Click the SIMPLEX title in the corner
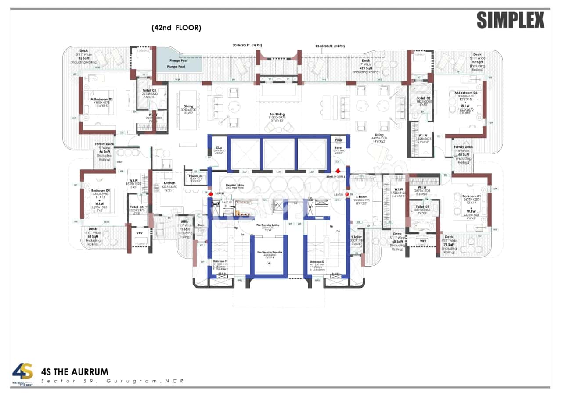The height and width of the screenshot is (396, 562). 510,21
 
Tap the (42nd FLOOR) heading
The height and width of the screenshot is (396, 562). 176,28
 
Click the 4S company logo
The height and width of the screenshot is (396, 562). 22,372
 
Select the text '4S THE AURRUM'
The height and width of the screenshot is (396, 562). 75,372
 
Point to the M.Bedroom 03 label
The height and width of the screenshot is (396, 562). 102,100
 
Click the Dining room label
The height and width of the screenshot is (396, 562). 188,106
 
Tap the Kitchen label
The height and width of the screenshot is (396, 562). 169,183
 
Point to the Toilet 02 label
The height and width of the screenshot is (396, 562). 424,98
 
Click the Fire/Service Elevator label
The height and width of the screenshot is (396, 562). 270,253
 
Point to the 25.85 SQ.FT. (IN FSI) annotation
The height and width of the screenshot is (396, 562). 330,45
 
